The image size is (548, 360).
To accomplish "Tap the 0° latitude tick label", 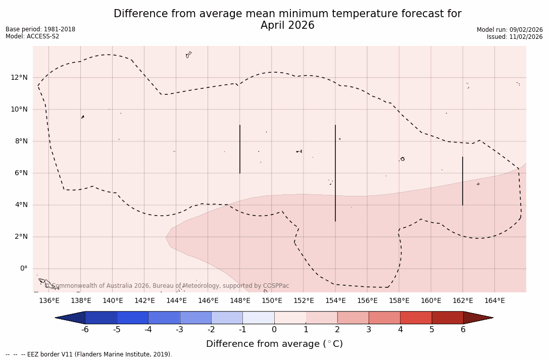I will point(23,269).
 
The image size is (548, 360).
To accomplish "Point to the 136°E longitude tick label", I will point(49,301).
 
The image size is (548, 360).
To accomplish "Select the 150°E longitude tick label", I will point(272,301).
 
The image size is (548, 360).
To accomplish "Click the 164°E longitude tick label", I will point(494,301).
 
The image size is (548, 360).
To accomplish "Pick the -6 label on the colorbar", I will point(85,330).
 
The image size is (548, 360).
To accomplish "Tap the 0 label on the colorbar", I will point(274,330).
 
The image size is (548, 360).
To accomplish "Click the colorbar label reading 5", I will point(432,330).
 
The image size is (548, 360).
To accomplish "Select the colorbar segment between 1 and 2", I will point(321,318).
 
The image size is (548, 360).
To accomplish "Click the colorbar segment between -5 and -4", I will point(132,318).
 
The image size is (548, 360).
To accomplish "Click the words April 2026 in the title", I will point(287,25).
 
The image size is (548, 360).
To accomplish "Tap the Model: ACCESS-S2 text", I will point(32,36).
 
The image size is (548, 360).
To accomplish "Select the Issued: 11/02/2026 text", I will point(515,37).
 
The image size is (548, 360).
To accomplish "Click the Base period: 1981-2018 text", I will point(40,29).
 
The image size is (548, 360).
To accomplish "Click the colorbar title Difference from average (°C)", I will point(274,344).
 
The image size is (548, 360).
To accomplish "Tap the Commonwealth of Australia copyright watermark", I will point(167,286).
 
